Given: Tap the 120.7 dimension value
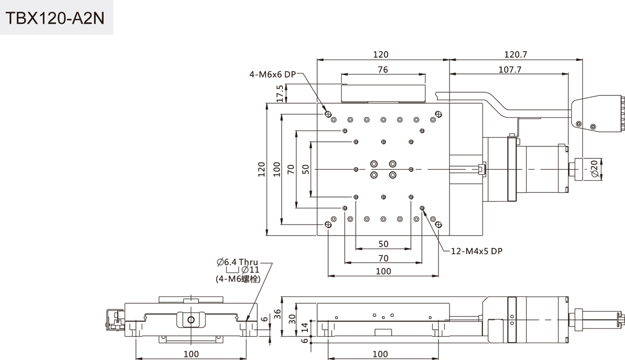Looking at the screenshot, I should pos(516,54).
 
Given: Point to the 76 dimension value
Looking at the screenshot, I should pos(383,69).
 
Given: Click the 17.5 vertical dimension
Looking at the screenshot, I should pos(280,93).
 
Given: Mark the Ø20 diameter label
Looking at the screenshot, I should pos(594,168).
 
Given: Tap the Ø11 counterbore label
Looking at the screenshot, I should pos(251,270).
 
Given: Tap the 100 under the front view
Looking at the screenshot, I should pos(191,354).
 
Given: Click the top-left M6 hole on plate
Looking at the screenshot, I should pos(328,114).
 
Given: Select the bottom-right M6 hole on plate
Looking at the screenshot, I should pos(438,224).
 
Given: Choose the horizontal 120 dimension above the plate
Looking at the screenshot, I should pos(383,54).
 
